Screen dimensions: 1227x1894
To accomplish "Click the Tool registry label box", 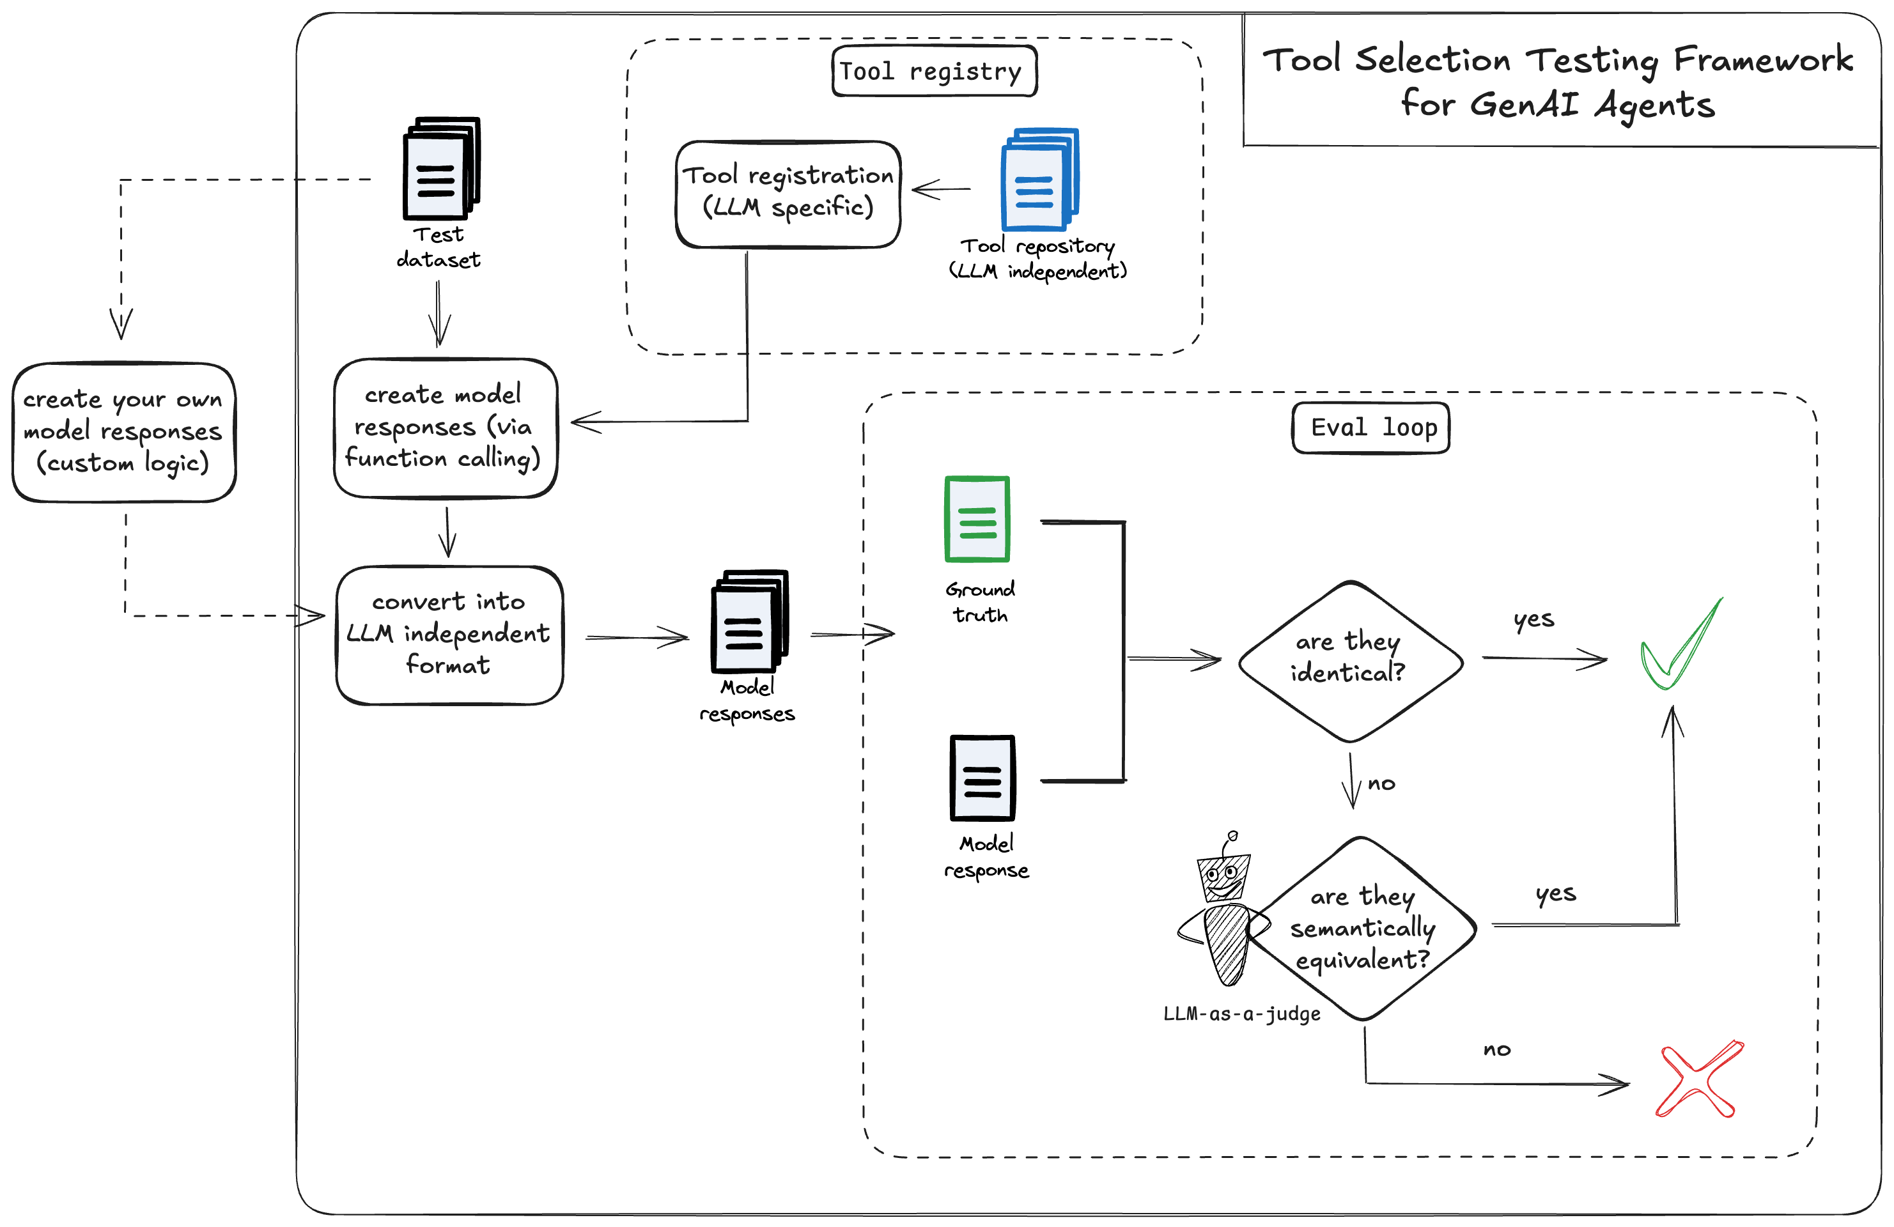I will tap(933, 72).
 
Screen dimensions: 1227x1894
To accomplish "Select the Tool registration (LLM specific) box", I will tap(788, 194).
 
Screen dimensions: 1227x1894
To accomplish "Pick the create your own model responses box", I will tap(124, 432).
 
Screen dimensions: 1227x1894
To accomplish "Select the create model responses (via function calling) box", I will tap(445, 428).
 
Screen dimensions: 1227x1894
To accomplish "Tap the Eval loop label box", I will tap(1370, 428).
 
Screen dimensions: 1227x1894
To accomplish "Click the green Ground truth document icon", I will tap(977, 519).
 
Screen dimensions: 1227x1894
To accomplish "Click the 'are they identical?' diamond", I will tap(1349, 660).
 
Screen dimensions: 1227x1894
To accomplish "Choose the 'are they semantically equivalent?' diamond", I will tap(1362, 929).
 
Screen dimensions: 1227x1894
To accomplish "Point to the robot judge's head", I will tap(1224, 877).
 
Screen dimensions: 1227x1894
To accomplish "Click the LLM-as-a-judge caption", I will tap(1241, 1014).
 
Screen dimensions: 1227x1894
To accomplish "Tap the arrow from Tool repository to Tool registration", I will tap(941, 189).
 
